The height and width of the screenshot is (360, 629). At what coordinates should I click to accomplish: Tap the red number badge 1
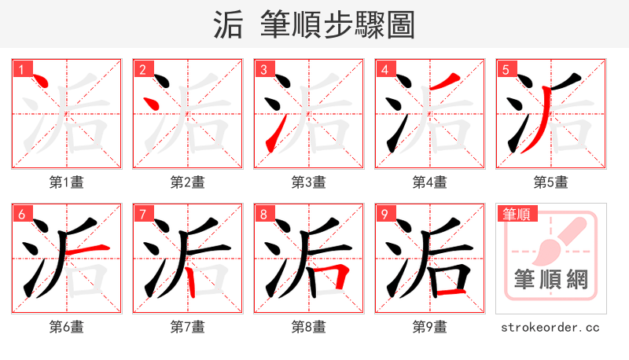(20, 69)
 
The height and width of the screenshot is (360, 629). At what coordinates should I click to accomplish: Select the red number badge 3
(263, 69)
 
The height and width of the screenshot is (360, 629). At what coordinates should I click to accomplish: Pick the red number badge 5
(505, 69)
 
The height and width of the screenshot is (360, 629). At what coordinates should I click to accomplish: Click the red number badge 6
(20, 214)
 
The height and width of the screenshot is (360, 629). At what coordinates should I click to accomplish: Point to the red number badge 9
(384, 214)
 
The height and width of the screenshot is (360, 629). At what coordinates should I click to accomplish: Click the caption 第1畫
(67, 182)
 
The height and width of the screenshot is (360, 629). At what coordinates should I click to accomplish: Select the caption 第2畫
(188, 182)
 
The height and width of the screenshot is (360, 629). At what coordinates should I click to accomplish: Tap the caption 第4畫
(430, 182)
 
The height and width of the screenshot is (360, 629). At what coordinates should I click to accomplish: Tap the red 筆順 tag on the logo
(515, 214)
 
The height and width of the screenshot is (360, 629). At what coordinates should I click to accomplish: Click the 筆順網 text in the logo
(550, 280)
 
